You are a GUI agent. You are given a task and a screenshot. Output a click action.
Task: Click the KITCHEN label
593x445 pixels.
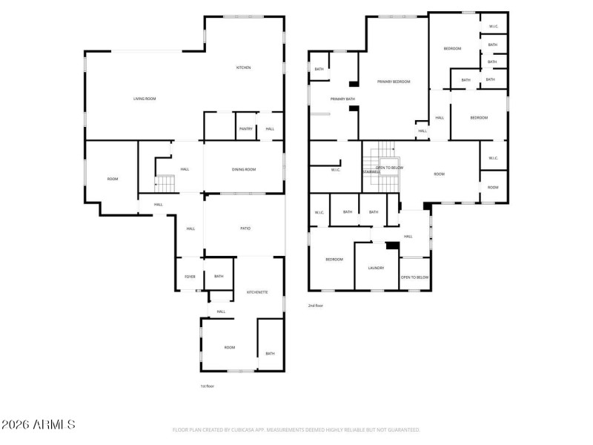243,67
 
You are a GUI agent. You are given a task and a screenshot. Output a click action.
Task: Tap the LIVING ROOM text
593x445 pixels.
145,99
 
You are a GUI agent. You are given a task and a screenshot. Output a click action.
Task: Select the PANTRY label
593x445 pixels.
246,128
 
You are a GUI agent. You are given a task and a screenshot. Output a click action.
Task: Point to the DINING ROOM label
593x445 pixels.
244,170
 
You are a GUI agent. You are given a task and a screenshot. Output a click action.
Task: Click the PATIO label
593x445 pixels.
245,228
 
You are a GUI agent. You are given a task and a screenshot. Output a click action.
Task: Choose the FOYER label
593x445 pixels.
190,277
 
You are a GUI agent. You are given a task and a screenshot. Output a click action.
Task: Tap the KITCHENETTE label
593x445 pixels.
258,293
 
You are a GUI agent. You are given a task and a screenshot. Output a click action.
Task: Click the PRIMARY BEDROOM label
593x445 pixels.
394,82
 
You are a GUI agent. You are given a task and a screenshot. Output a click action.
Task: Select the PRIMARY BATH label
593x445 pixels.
342,99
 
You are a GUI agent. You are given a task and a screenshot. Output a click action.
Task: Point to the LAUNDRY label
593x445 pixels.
377,268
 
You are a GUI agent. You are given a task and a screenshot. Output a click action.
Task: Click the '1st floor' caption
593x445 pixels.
208,386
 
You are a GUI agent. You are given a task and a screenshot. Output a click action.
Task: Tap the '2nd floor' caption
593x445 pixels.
316,305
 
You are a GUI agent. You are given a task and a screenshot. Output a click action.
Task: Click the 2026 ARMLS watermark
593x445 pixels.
38,425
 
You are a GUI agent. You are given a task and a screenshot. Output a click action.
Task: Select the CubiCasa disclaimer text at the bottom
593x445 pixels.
296,429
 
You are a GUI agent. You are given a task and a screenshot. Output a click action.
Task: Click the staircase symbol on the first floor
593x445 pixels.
165,182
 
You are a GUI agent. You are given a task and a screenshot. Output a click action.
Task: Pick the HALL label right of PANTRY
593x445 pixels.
270,128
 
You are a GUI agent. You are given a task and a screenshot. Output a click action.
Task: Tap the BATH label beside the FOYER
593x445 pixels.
219,277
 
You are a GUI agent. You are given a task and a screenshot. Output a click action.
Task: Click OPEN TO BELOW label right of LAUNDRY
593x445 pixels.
414,277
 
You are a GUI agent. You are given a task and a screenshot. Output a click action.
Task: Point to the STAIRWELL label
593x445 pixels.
370,171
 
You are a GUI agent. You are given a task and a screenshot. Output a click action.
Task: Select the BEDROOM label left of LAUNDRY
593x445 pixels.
334,260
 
